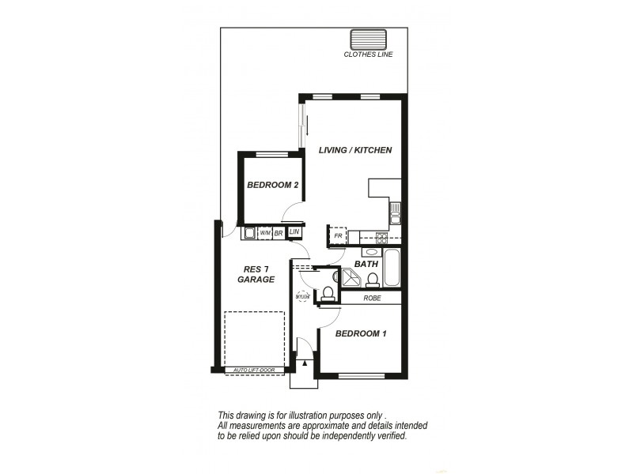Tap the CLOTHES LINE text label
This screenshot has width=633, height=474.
368,55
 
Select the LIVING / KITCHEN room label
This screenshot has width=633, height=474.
355,150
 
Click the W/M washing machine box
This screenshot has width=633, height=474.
265,233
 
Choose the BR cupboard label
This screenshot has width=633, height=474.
279,233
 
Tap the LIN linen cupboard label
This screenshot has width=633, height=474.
294,232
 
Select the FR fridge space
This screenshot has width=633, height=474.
338,235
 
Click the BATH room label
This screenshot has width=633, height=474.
366,264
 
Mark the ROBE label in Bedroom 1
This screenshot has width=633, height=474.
373,299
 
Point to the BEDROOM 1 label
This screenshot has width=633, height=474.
361,334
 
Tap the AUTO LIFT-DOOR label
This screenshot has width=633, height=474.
253,370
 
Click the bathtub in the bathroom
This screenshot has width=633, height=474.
392,267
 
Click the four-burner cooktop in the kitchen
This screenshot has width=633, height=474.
381,235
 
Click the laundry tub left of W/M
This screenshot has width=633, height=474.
248,233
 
